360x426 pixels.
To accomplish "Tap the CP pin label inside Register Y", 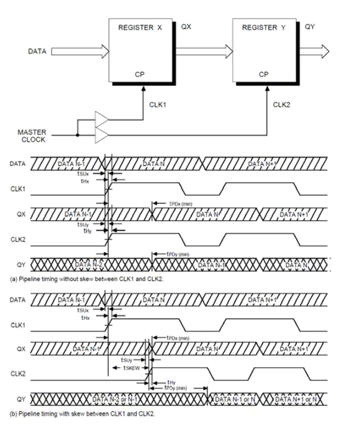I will coord(264,74).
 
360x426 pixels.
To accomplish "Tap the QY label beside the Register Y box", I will coord(310,27).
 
